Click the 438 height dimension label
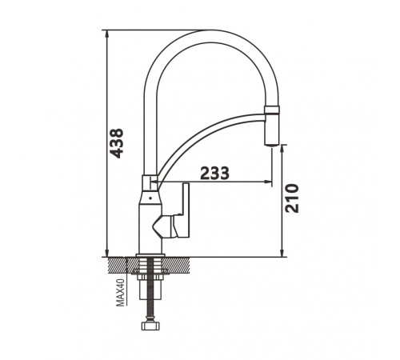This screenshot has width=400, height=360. point(117,143)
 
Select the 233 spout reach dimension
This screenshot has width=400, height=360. point(214,173)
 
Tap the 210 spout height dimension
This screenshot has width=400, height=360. point(292,198)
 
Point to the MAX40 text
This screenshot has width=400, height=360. point(121,293)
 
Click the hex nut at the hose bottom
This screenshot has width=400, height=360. point(150,326)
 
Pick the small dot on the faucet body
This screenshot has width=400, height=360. point(150,198)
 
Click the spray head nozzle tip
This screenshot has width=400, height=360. point(272,144)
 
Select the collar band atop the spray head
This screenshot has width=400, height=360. point(272,110)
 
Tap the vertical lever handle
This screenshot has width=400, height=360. point(185,210)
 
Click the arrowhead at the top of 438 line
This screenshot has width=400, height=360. point(107,33)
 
